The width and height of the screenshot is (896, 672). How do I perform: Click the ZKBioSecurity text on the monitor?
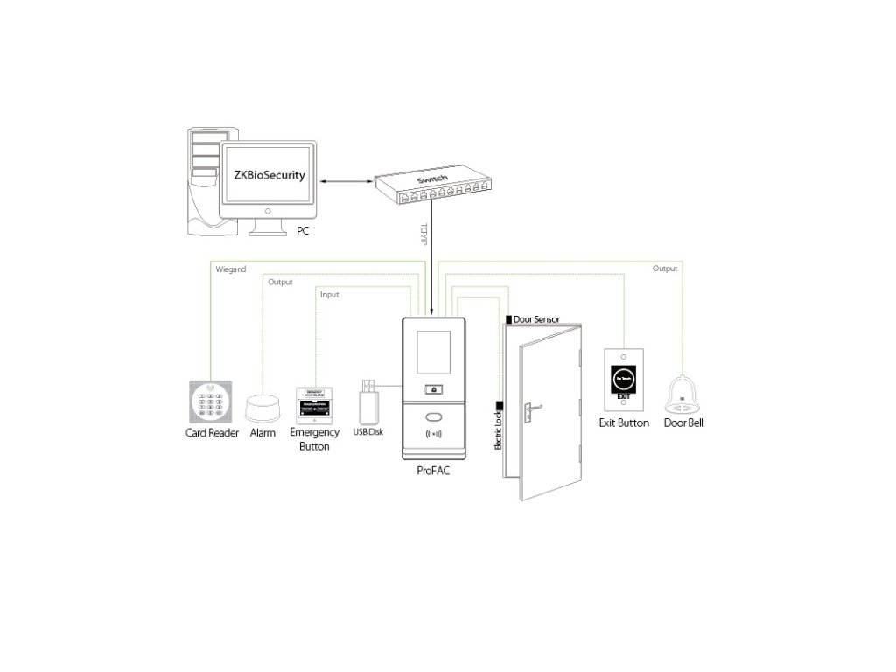pyautogui.click(x=269, y=175)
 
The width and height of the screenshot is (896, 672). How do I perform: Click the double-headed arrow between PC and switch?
pyautogui.click(x=346, y=182)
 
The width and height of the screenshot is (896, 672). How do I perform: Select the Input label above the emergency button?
pyautogui.click(x=329, y=295)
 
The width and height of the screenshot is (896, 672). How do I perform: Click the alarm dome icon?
pyautogui.click(x=262, y=409)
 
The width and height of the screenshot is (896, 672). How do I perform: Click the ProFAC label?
pyautogui.click(x=436, y=470)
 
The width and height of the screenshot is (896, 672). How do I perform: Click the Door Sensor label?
pyautogui.click(x=536, y=320)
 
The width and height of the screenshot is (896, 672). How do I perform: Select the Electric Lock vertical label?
pyautogui.click(x=498, y=432)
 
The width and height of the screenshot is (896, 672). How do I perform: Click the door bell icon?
pyautogui.click(x=683, y=395)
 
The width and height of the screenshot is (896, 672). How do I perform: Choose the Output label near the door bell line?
pyautogui.click(x=665, y=269)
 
